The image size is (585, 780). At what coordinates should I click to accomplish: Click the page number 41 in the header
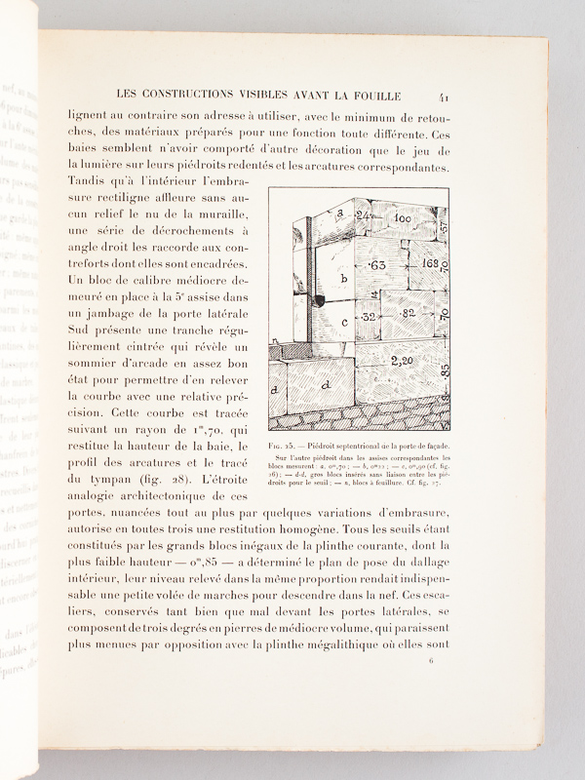pyautogui.click(x=445, y=96)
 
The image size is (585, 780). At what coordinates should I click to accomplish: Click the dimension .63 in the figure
pyautogui.click(x=377, y=264)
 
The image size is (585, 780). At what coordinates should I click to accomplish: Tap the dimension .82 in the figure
pyautogui.click(x=406, y=314)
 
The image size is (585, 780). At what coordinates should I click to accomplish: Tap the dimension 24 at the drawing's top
pyautogui.click(x=364, y=215)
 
